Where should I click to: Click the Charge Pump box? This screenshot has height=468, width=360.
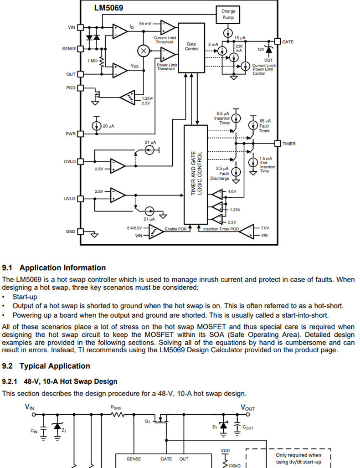coord(228,14)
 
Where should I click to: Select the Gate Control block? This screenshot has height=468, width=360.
coord(191,48)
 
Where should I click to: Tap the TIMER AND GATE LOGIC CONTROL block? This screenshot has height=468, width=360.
coord(196,175)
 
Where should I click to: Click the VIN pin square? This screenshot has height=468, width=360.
coord(81,27)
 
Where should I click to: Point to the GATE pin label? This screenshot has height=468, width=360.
coord(288,42)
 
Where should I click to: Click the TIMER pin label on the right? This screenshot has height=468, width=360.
coord(289,144)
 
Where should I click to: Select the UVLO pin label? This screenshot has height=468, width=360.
coord(70,199)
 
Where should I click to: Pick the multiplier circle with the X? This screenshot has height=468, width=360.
coord(144,51)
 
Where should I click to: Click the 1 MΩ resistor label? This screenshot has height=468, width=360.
coord(93,61)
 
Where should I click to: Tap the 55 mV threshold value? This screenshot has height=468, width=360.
coord(145,24)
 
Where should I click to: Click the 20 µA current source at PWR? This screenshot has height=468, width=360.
coord(97,126)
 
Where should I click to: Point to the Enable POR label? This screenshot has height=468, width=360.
coord(176,229)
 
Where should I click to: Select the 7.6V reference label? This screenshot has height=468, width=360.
coord(265,228)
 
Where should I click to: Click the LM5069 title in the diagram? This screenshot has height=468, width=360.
coord(108,8)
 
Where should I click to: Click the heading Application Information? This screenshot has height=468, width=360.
coord(63,268)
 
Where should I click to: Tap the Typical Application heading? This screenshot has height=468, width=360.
coord(55,366)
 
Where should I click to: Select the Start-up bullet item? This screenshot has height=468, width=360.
coord(25,297)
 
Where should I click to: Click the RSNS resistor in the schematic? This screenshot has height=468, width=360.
coord(117,414)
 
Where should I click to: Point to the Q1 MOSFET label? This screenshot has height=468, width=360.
coord(148,421)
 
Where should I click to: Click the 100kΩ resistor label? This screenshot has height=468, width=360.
coord(234,466)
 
